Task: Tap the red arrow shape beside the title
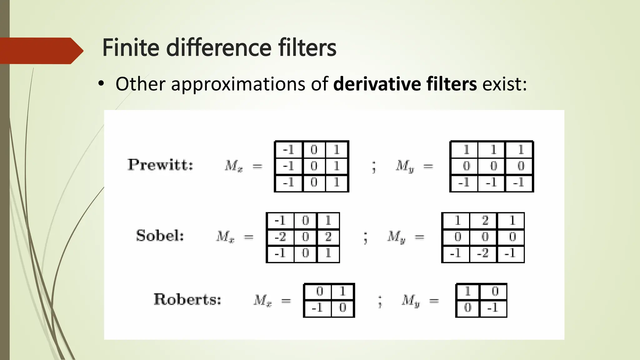click(x=41, y=51)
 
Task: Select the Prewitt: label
click(x=160, y=165)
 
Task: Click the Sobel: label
click(x=160, y=236)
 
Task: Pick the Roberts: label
click(x=187, y=299)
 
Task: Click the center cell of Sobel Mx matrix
click(x=305, y=237)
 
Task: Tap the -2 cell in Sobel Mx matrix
click(x=280, y=237)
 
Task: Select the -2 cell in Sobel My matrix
click(x=483, y=253)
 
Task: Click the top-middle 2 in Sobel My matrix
click(x=485, y=221)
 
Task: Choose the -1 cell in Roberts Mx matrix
click(x=317, y=308)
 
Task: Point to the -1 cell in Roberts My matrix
click(x=493, y=308)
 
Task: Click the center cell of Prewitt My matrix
click(x=493, y=166)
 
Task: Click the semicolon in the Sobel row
click(x=365, y=238)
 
